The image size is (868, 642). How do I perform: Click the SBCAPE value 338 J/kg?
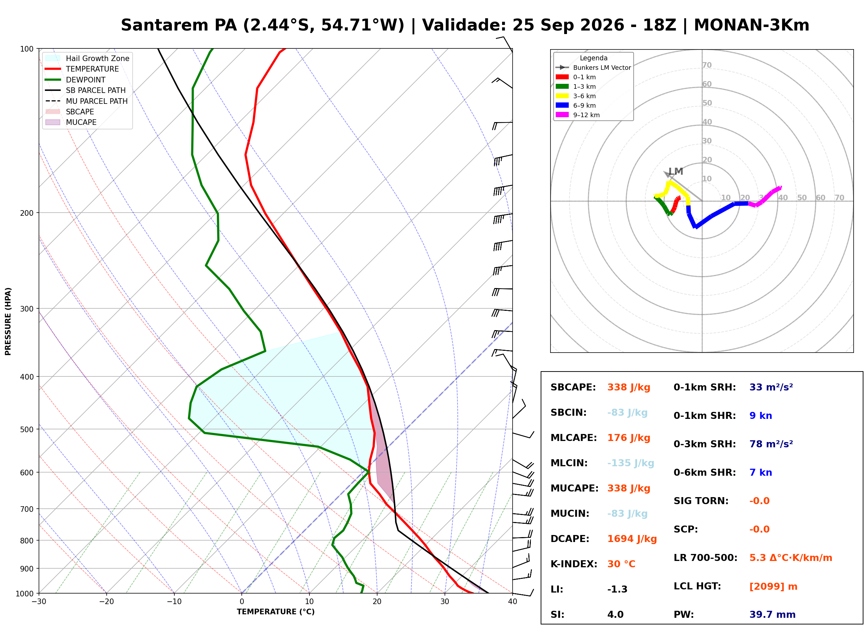point(629,387)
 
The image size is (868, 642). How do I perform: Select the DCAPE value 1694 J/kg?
point(632,539)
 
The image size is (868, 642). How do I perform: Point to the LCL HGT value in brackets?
point(773,587)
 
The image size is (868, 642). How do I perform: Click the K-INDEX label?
point(574,564)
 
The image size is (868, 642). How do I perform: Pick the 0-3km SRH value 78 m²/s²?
point(771,444)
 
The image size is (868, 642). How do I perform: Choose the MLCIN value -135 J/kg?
point(630,463)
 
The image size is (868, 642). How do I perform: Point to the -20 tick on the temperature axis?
point(106,602)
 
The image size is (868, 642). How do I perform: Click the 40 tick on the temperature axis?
point(512,602)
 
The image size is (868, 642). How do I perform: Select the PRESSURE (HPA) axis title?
point(8,321)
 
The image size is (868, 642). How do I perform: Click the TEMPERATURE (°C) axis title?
point(275,612)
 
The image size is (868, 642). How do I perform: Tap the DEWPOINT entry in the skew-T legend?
point(86,80)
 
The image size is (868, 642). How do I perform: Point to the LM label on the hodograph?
point(676,172)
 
